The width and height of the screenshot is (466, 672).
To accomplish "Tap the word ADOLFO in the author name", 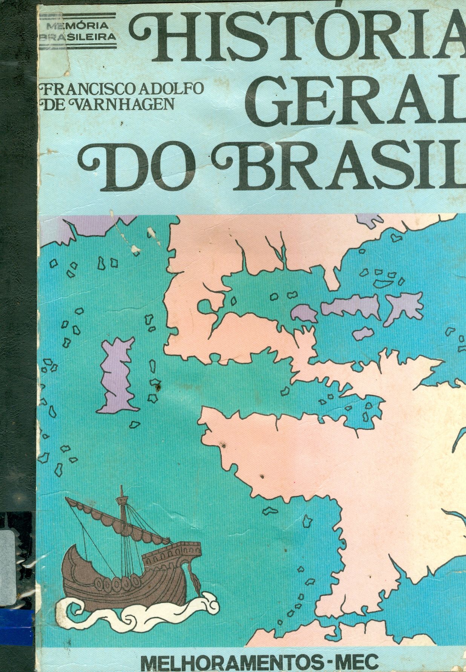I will [x=172, y=89].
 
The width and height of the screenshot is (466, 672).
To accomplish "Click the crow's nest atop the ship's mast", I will [x=122, y=500].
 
